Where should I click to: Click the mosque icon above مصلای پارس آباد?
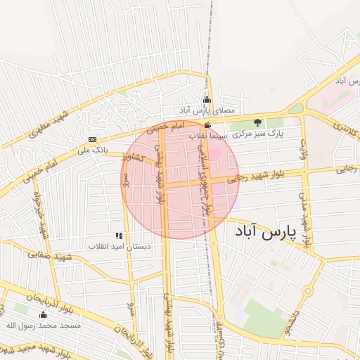click(207, 100)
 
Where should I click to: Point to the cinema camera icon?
click(207, 125)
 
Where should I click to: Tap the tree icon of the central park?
click(257, 122)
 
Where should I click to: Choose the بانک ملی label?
click(92, 150)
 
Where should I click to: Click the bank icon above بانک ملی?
click(92, 139)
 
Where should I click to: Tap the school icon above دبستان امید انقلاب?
click(118, 236)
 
